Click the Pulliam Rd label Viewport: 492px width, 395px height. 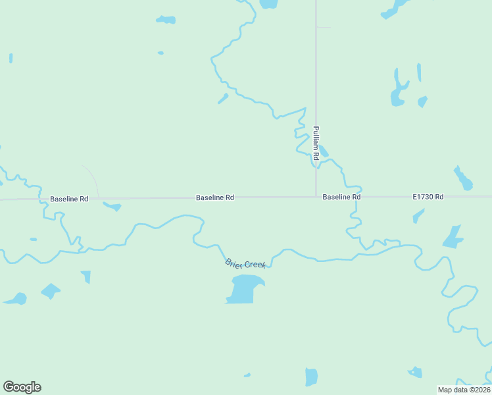316,144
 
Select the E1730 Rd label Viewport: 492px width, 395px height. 428,197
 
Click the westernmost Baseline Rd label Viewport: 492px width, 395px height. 69,198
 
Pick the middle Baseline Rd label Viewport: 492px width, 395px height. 215,197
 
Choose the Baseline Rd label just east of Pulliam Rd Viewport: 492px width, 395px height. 341,197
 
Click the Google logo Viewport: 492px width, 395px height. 22,387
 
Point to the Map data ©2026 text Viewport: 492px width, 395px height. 464,389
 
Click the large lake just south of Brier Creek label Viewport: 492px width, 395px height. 245,289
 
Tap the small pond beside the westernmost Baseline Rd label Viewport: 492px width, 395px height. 113,207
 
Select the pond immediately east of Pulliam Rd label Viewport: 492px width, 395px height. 324,152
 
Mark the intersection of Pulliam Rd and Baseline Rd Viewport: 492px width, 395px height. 316,196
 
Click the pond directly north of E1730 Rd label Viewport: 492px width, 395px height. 463,178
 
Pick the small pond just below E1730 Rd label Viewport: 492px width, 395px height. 418,215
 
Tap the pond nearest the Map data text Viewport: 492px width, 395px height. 415,373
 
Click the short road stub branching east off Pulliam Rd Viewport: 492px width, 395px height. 324,27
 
